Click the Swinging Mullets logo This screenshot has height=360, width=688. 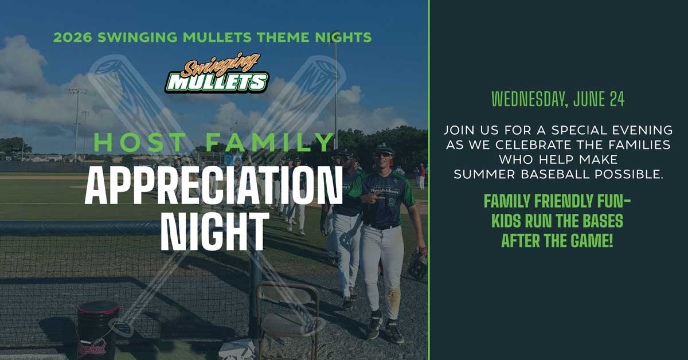point(217,73)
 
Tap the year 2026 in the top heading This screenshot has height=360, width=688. point(72,37)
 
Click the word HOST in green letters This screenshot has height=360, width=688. point(139,143)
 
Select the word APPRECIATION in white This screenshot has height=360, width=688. point(213,186)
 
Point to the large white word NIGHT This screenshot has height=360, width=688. point(213,231)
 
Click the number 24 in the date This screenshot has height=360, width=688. point(617,99)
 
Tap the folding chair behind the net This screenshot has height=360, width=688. point(288,319)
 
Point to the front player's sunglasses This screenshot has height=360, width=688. point(383,155)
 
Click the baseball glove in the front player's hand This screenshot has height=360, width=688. point(418,264)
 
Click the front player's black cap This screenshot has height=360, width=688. point(383,148)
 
